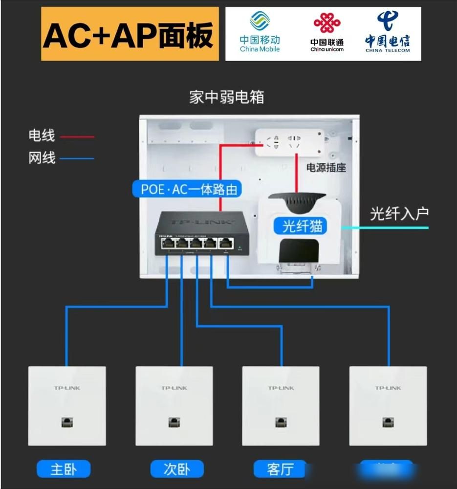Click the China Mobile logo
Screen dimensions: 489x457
260,32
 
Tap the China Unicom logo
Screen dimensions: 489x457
327,32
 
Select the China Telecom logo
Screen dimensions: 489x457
387,32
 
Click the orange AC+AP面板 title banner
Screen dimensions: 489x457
130,34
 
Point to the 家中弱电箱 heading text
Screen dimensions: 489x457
227,97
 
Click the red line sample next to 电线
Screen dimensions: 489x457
77,137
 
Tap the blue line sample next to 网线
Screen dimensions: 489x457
77,158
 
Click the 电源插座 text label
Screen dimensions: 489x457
326,167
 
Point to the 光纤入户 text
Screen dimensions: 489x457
399,213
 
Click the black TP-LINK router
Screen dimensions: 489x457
195,234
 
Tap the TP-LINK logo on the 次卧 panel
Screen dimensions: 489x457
174,388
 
